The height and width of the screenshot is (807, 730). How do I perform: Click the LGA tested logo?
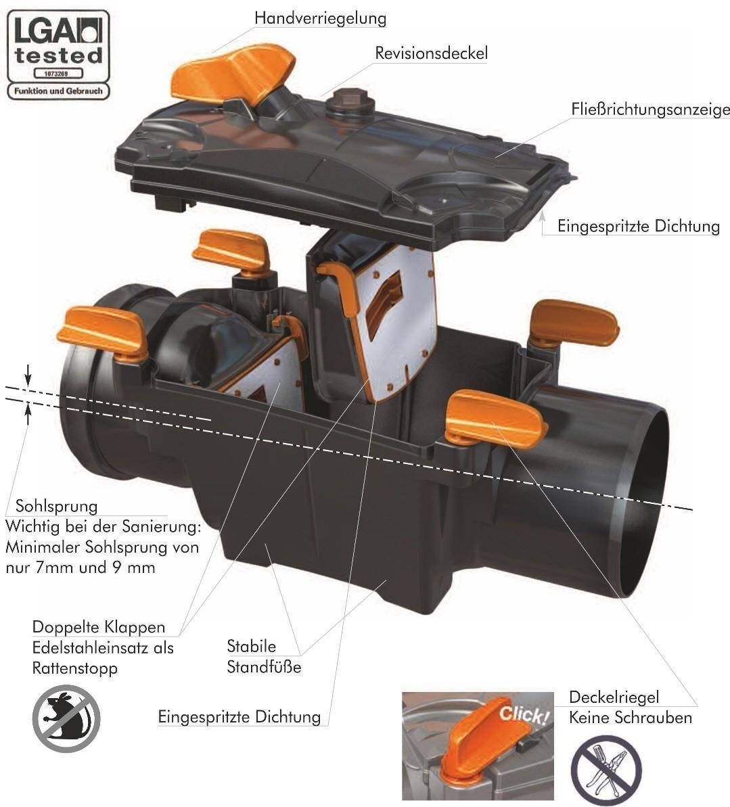coord(58,55)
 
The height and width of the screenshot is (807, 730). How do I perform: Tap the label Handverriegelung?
coord(320,18)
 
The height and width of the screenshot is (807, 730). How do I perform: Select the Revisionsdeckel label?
coord(432,53)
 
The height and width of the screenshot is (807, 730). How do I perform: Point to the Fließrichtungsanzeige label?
coord(650,110)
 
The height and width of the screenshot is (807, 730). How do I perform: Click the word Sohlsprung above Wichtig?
coord(57,506)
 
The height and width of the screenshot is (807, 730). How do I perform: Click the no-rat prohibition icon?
coord(66,718)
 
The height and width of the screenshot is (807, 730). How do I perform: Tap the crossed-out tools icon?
coord(606,769)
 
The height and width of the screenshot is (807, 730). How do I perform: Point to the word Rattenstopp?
coord(75,668)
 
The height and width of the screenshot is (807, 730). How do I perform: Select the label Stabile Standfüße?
coord(264,657)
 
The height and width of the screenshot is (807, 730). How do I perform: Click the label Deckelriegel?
coord(614,697)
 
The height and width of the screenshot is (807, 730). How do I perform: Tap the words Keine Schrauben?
coord(630,718)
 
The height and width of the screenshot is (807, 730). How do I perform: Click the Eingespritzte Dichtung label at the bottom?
coord(239,717)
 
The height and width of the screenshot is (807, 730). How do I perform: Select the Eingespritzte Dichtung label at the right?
coord(639,227)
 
